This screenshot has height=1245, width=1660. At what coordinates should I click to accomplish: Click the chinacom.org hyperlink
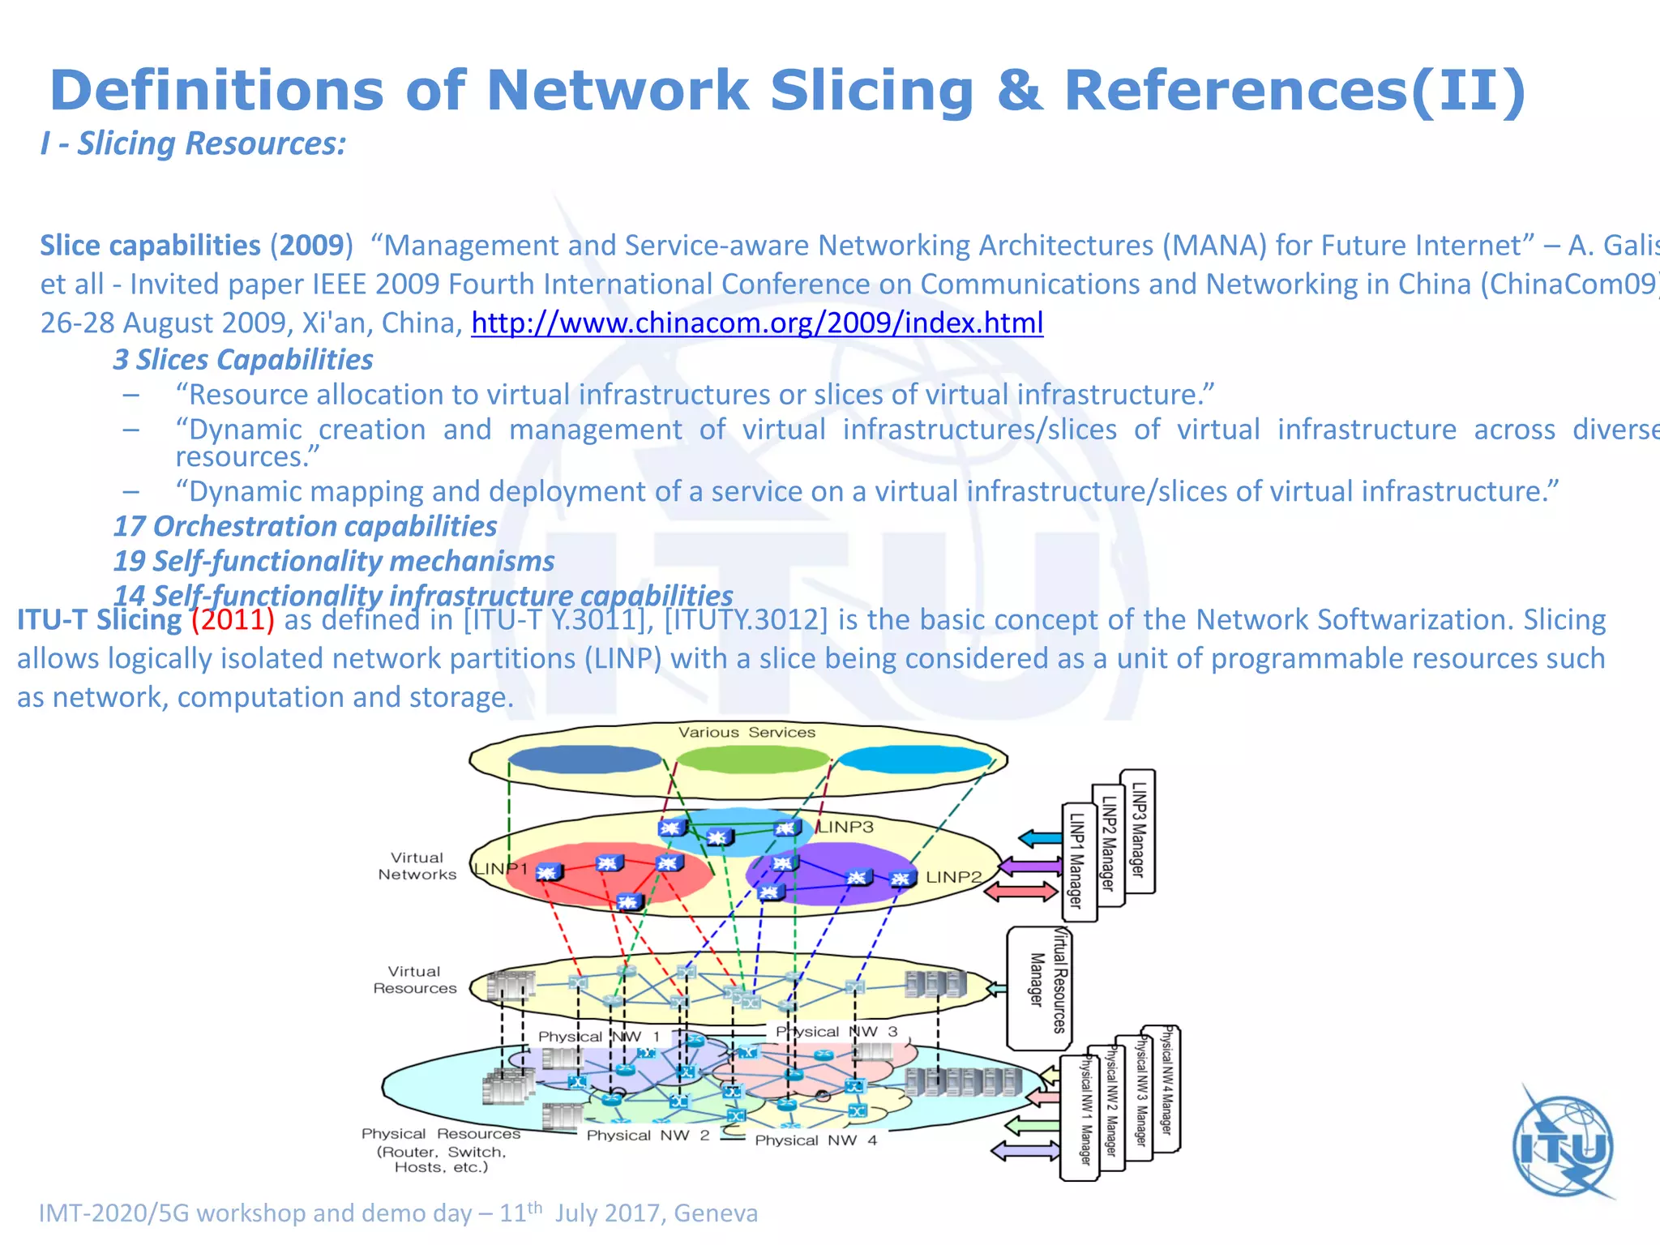[x=757, y=323]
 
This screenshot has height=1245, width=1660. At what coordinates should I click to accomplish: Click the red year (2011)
[x=233, y=620]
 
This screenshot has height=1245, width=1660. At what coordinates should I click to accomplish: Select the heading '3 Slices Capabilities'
[x=243, y=360]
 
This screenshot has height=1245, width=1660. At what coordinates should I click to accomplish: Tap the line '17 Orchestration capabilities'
[x=305, y=527]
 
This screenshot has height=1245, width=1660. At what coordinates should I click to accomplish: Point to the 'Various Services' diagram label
[x=747, y=732]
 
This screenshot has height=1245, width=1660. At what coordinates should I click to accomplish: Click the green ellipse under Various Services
[x=752, y=759]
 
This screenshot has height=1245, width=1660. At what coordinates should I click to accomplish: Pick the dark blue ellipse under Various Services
[x=585, y=759]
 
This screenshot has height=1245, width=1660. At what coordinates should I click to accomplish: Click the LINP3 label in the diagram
[x=845, y=828]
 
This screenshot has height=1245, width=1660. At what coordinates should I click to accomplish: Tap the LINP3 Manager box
[x=1139, y=831]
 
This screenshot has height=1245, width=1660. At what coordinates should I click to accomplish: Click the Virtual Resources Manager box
[x=1038, y=989]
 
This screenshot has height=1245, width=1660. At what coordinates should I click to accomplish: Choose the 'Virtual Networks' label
[x=417, y=866]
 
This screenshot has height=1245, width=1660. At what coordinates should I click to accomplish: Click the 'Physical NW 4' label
[x=815, y=1140]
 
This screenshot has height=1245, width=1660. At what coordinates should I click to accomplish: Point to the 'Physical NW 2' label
[x=648, y=1136]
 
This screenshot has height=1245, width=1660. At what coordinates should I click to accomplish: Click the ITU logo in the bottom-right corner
[x=1563, y=1146]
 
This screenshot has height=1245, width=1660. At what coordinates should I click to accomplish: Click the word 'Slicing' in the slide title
[x=871, y=90]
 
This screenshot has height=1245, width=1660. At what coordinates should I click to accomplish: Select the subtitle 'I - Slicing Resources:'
[x=194, y=144]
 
